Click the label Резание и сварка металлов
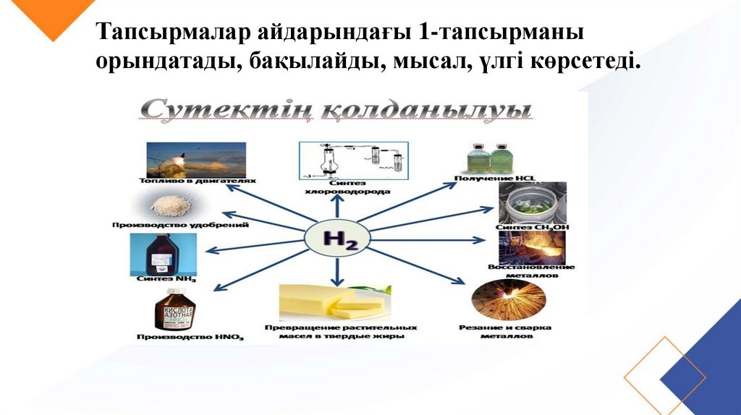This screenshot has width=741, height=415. (x=505, y=332)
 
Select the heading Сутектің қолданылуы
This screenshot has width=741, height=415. (x=335, y=111)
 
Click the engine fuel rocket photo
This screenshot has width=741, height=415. (x=195, y=159)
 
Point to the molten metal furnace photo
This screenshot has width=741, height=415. (x=532, y=247)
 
